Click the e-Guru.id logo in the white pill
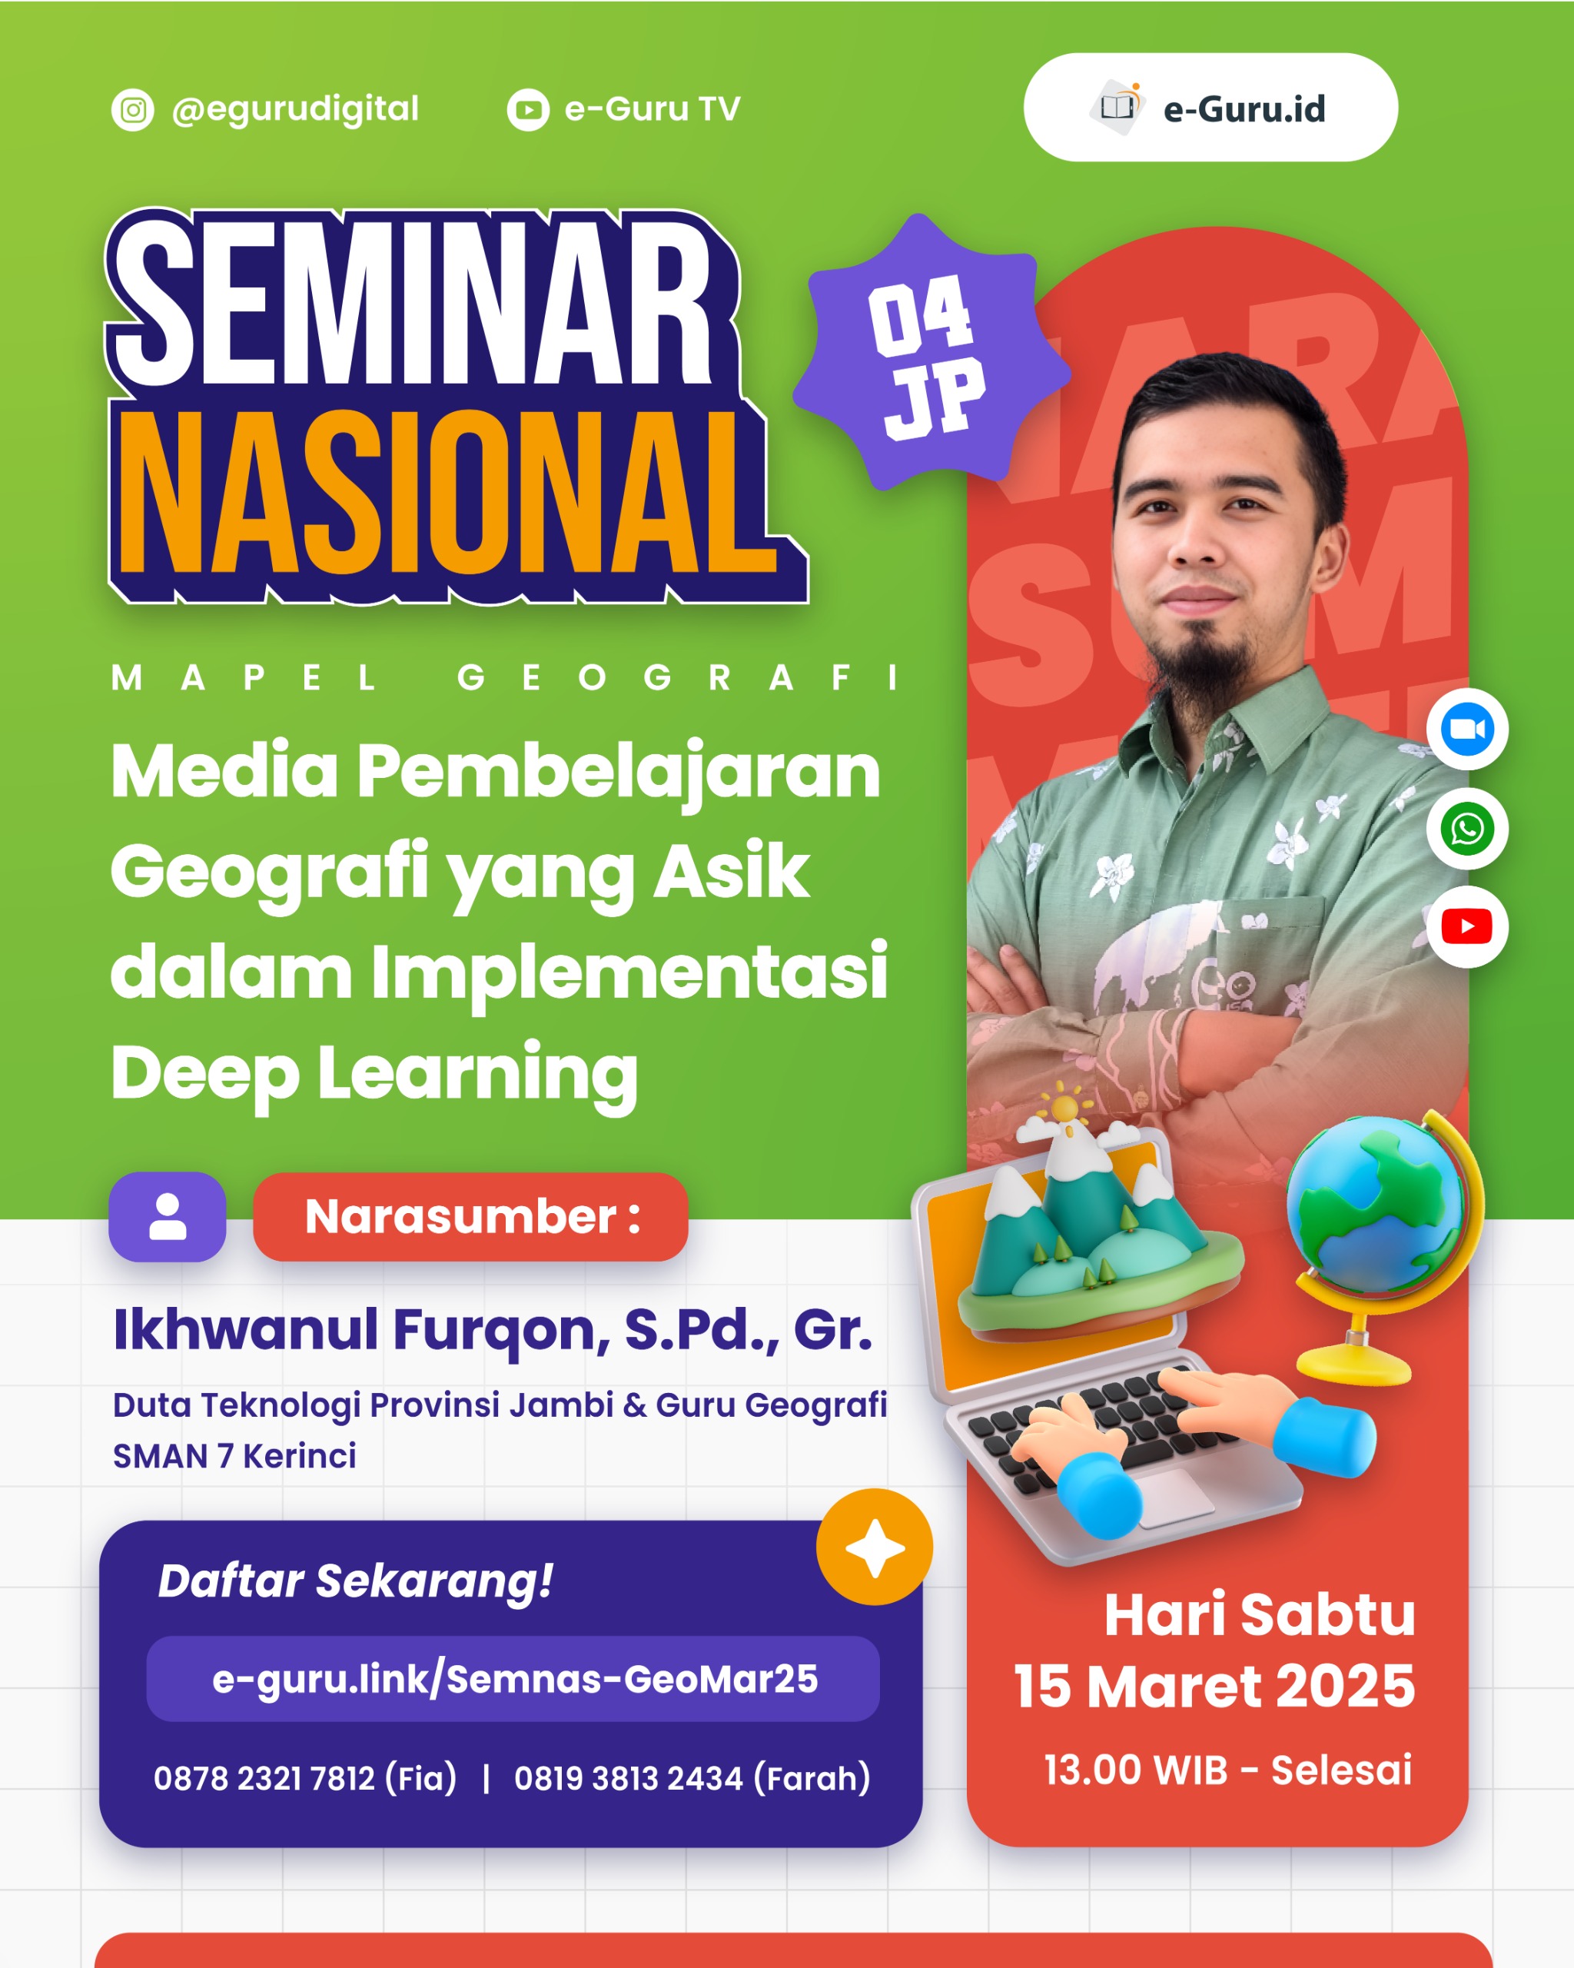pos(1210,108)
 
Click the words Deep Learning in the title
pos(374,1073)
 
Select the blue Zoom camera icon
pos(1466,730)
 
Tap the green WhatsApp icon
pos(1466,829)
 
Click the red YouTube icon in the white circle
pos(1466,926)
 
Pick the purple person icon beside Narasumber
pos(167,1217)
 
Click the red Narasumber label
pos(471,1217)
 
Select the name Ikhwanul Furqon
pos(360,1330)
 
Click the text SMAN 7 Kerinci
pos(234,1456)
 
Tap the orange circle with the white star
pos(874,1548)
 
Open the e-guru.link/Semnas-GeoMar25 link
pos(513,1679)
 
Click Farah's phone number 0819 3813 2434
pos(629,1778)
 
